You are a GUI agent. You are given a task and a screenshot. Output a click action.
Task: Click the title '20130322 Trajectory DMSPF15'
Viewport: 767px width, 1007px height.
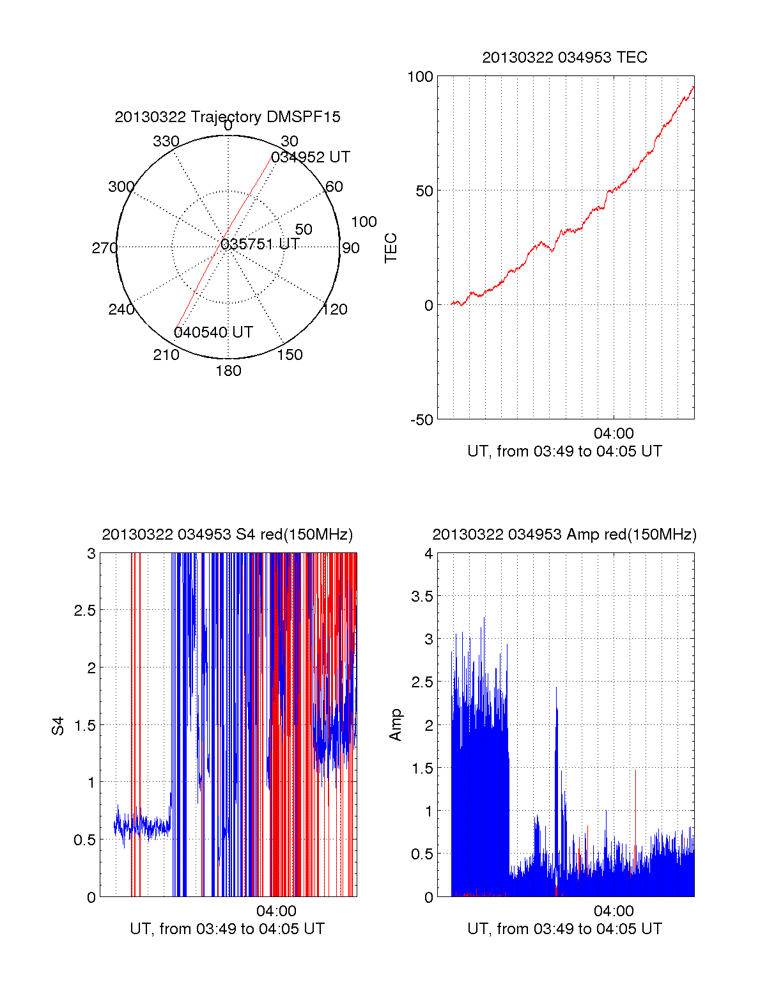point(228,117)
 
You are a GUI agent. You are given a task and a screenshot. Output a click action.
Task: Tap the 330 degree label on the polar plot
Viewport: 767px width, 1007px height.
point(166,141)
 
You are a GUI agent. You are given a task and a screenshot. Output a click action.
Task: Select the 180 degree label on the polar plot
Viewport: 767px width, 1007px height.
point(228,371)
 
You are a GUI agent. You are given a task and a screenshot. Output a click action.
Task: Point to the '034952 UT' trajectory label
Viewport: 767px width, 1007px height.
point(311,157)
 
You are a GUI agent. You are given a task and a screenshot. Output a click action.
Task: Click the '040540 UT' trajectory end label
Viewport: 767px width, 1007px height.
point(213,332)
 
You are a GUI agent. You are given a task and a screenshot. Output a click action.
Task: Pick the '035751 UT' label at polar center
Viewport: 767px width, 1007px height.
point(260,244)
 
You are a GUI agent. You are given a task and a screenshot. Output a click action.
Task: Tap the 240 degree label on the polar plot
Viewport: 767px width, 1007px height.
point(121,309)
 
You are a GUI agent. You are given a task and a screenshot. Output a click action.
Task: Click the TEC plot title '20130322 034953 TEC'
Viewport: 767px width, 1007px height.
point(564,58)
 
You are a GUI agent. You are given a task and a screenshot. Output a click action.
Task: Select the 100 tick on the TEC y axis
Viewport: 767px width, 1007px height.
point(420,77)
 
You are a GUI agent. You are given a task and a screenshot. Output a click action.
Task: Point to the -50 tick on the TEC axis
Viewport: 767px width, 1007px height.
point(422,420)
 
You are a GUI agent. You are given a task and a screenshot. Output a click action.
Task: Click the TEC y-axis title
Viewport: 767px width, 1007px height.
point(391,248)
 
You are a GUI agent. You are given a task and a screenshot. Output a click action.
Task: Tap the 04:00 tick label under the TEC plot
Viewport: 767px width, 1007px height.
point(614,434)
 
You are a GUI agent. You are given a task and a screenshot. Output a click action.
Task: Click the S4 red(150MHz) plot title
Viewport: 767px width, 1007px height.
point(227,535)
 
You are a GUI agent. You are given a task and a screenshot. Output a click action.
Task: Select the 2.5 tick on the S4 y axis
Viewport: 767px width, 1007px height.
point(85,611)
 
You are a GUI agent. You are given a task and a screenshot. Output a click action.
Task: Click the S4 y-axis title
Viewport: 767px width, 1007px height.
point(58,726)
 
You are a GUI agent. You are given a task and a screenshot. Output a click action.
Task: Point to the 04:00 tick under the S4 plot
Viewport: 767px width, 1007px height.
point(276,911)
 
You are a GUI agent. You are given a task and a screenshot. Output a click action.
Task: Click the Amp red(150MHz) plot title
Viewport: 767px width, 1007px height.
point(564,535)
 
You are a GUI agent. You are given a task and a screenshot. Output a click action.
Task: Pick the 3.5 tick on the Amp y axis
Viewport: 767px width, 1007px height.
point(422,597)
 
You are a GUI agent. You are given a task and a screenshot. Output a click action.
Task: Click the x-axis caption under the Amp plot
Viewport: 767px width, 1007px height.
point(564,929)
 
